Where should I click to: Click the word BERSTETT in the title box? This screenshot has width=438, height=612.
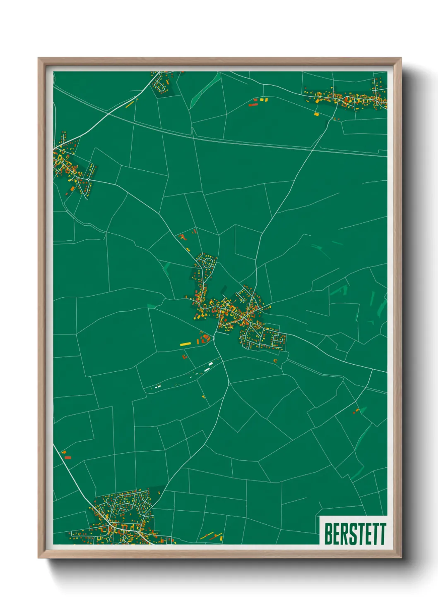click(355, 534)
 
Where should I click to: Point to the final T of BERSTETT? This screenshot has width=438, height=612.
click(383, 534)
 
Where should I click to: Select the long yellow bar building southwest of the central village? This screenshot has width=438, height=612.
click(185, 344)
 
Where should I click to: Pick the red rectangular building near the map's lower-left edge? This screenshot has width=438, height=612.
click(67, 457)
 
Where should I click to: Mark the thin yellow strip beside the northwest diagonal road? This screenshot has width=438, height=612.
click(130, 104)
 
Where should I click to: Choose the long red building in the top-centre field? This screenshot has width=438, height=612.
click(253, 105)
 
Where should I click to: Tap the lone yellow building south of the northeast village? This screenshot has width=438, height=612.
click(316, 114)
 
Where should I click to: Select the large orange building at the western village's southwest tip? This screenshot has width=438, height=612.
click(72, 189)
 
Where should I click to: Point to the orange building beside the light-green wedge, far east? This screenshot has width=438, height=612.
click(356, 411)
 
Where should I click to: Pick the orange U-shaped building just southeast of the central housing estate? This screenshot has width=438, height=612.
click(275, 361)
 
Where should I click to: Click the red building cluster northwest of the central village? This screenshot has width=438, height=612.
click(182, 237)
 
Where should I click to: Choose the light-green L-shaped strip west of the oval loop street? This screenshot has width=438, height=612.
click(167, 267)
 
